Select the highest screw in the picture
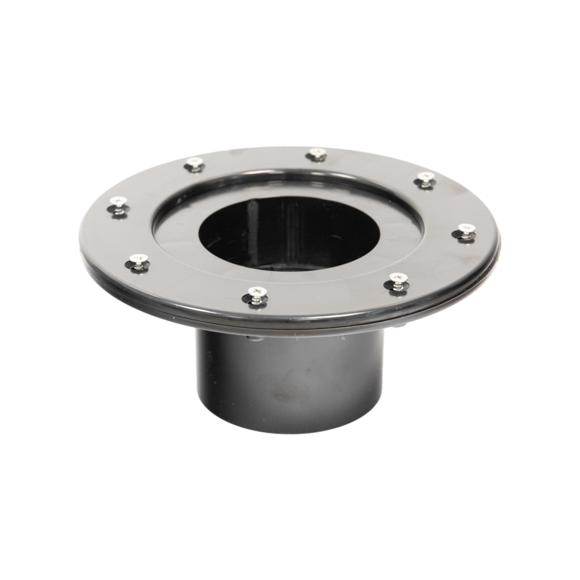coord(315,154)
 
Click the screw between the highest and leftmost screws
coord(194,165)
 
